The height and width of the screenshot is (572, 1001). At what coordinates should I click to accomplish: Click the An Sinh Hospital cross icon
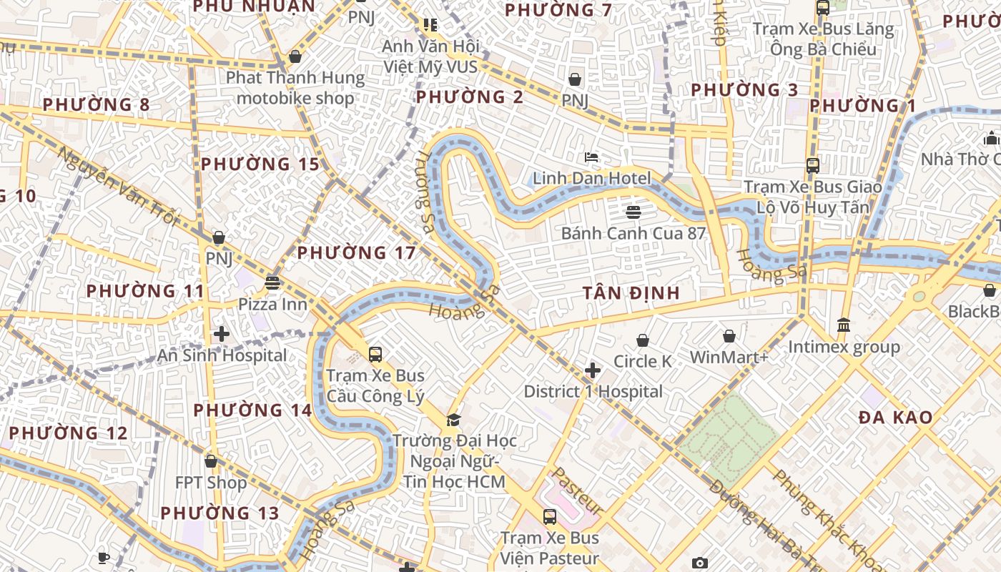point(222,333)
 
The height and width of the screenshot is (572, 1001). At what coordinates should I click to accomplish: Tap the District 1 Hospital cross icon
point(593,370)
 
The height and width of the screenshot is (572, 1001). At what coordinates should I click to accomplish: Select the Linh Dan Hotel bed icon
point(591,157)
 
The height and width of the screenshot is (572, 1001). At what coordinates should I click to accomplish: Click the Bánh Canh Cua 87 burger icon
point(633,211)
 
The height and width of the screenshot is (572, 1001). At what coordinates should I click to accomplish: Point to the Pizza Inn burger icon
point(272,282)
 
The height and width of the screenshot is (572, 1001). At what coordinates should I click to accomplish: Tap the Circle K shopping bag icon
point(643,340)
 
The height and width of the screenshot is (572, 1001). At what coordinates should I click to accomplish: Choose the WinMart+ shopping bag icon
point(729,335)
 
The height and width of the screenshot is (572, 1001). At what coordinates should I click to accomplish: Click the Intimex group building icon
point(844,325)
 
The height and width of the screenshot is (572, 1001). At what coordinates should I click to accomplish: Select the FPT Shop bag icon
point(211,461)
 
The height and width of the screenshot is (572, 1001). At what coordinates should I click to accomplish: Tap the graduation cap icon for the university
point(453,419)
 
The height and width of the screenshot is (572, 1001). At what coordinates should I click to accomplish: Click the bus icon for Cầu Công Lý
point(375,353)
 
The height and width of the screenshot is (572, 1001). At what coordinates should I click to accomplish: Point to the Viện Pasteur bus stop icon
point(549,516)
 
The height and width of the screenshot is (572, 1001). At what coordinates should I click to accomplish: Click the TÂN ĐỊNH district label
point(631,293)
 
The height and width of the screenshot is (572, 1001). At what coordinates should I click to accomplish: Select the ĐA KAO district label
point(895,418)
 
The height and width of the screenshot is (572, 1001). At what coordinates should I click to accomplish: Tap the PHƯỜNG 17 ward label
point(356,252)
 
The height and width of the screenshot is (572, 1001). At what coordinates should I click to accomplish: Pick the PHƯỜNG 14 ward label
point(253,410)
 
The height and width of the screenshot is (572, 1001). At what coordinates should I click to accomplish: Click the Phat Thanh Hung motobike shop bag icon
point(295,56)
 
